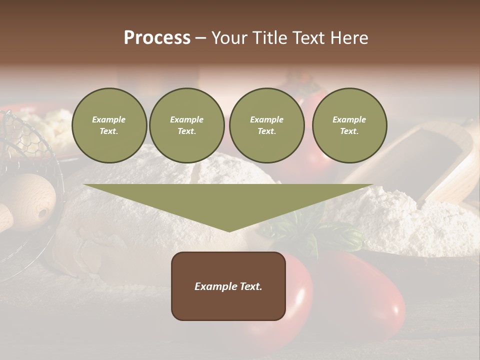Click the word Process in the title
click(x=157, y=38)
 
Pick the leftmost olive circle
click(x=109, y=125)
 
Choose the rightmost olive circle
click(x=349, y=125)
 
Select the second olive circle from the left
click(x=186, y=125)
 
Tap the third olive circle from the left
click(x=266, y=125)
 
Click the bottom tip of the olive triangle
click(x=229, y=231)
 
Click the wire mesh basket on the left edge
click(x=20, y=145)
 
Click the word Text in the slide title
click(x=308, y=38)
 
